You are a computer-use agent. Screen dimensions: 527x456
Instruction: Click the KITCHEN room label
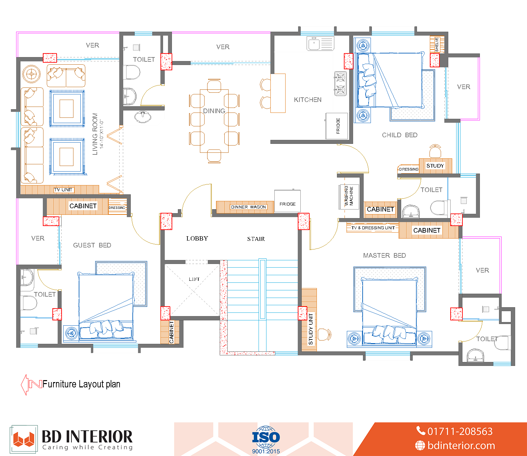pos(308,100)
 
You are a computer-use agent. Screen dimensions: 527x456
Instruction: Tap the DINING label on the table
pos(214,111)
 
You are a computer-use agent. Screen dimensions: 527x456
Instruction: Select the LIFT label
pos(194,279)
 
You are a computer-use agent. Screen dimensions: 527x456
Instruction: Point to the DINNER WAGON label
pos(248,207)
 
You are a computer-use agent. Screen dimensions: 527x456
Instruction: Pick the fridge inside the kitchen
pos(337,126)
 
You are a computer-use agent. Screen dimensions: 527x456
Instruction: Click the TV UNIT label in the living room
pos(63,190)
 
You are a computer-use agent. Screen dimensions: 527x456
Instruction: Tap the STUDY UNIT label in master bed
pos(311,329)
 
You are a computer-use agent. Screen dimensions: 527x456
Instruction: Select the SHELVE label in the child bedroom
pos(437,44)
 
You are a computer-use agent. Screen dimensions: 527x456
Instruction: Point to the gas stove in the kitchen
pos(340,83)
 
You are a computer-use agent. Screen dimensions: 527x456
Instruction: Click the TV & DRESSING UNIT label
pos(373,228)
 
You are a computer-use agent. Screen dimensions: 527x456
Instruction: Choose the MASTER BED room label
pos(384,255)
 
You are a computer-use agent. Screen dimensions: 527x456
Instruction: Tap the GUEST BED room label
pos(92,245)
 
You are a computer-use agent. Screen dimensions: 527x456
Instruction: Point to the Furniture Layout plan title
pos(81,384)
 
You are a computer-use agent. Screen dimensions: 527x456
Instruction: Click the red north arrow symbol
pos(31,384)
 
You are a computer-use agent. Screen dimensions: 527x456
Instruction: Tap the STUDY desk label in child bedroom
pos(435,166)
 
